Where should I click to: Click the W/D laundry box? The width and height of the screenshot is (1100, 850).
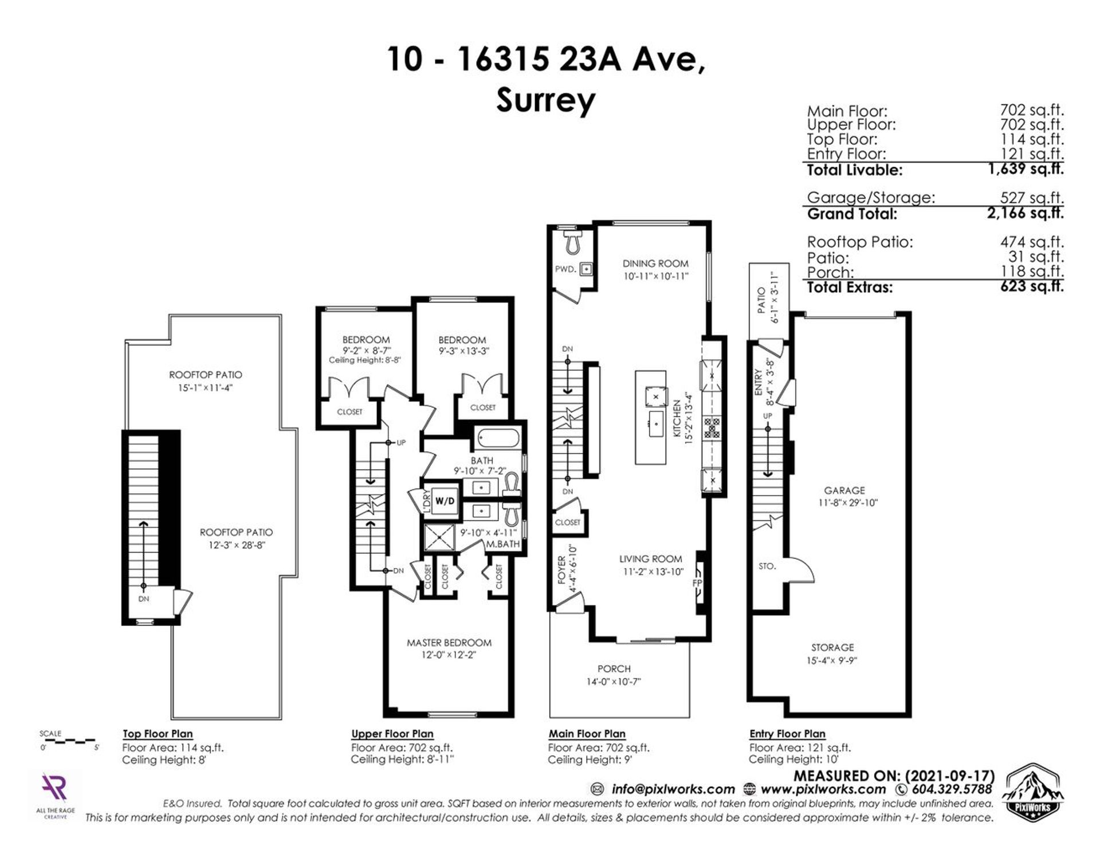pyautogui.click(x=445, y=501)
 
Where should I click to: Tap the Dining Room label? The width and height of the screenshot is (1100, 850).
pyautogui.click(x=655, y=263)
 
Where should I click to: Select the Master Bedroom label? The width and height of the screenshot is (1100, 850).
pyautogui.click(x=449, y=643)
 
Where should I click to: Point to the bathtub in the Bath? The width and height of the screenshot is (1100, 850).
pyautogui.click(x=498, y=440)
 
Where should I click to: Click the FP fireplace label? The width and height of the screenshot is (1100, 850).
pyautogui.click(x=697, y=583)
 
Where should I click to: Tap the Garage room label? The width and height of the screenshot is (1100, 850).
pyautogui.click(x=844, y=490)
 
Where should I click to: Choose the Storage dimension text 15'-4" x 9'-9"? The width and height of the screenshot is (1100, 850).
pyautogui.click(x=832, y=660)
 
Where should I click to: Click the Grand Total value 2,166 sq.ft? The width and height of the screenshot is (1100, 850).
pyautogui.click(x=1025, y=214)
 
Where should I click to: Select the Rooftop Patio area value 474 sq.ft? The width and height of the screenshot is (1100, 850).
pyautogui.click(x=1032, y=242)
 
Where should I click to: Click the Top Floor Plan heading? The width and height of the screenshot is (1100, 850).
pyautogui.click(x=158, y=734)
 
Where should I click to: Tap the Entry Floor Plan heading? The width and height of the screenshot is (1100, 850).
pyautogui.click(x=787, y=734)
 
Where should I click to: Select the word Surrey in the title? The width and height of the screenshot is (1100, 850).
pyautogui.click(x=545, y=101)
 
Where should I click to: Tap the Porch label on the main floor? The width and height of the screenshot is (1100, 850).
pyautogui.click(x=614, y=668)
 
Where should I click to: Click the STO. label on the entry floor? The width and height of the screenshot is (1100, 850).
pyautogui.click(x=767, y=566)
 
